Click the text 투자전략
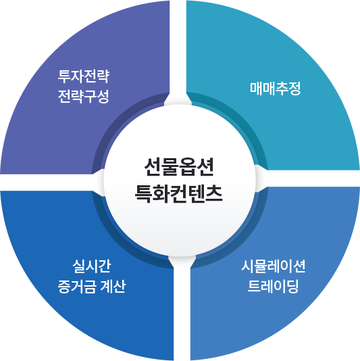click(x=84, y=76)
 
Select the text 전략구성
click(x=84, y=97)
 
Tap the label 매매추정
click(x=276, y=89)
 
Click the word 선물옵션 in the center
click(x=179, y=167)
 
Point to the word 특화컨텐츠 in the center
click(x=179, y=193)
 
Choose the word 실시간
click(x=92, y=266)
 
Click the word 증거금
click(x=76, y=287)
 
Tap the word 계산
click(x=113, y=287)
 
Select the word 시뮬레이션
click(x=274, y=266)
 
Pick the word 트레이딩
click(x=274, y=286)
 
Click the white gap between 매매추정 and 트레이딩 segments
click(x=308, y=178)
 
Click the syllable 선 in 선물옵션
click(x=152, y=167)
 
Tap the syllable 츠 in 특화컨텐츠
click(x=214, y=193)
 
